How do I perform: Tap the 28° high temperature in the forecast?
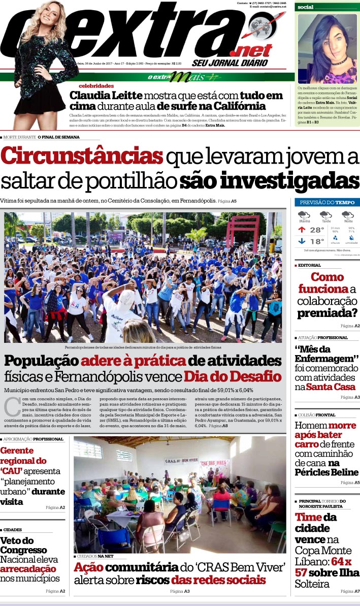316,230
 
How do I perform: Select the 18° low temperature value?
316,242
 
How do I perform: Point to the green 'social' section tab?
306,7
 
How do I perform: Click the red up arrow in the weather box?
302,230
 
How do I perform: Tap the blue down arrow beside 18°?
302,242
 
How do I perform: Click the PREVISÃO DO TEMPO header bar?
327,202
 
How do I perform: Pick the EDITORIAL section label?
309,265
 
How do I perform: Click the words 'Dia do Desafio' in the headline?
232,376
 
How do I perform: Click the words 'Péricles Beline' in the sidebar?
326,472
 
